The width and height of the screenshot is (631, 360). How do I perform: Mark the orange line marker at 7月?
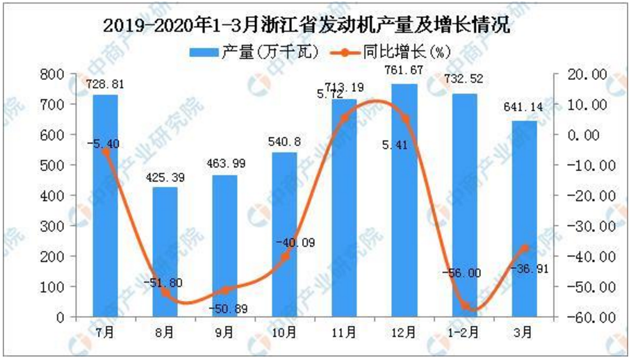[106, 151]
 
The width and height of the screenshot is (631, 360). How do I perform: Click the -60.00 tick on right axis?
[588, 317]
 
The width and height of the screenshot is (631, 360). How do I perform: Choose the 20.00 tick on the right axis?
[588, 74]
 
